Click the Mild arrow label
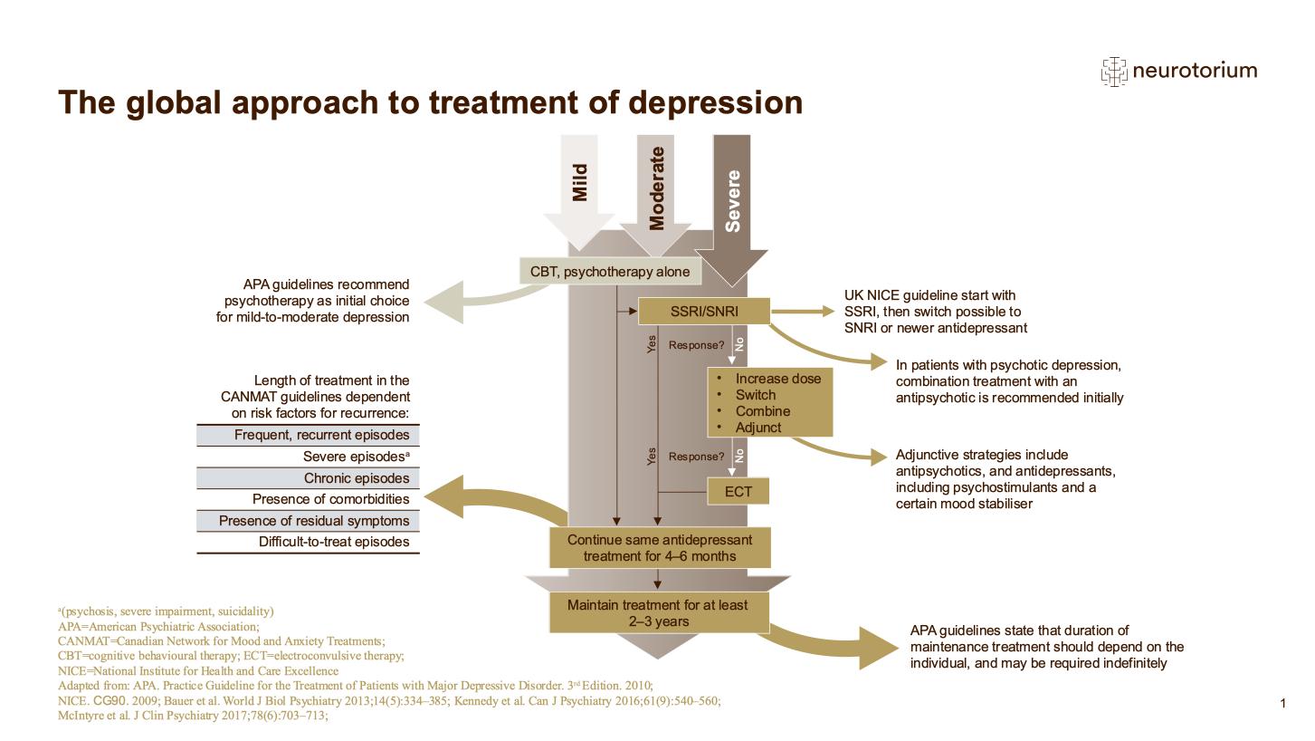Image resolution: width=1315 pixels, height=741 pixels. [580, 182]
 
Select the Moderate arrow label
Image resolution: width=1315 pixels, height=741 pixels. [657, 189]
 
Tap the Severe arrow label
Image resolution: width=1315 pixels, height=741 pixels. [733, 200]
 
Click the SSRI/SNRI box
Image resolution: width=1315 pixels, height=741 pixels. [704, 311]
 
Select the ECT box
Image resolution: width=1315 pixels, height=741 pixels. [738, 491]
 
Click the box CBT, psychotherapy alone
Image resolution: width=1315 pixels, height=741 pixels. [609, 271]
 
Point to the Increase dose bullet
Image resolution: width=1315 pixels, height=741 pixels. [777, 379]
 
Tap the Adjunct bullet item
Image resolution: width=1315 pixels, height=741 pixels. [758, 428]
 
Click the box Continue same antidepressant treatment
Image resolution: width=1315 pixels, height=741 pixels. [659, 547]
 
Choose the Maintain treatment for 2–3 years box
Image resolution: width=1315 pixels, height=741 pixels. [659, 612]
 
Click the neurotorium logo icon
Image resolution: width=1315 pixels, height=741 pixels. [1113, 71]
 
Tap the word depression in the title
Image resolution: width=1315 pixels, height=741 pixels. [715, 102]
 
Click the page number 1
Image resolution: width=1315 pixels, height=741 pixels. [1282, 703]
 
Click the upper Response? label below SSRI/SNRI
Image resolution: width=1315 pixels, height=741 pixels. [696, 345]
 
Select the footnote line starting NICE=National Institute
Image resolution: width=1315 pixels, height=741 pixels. [197, 671]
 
